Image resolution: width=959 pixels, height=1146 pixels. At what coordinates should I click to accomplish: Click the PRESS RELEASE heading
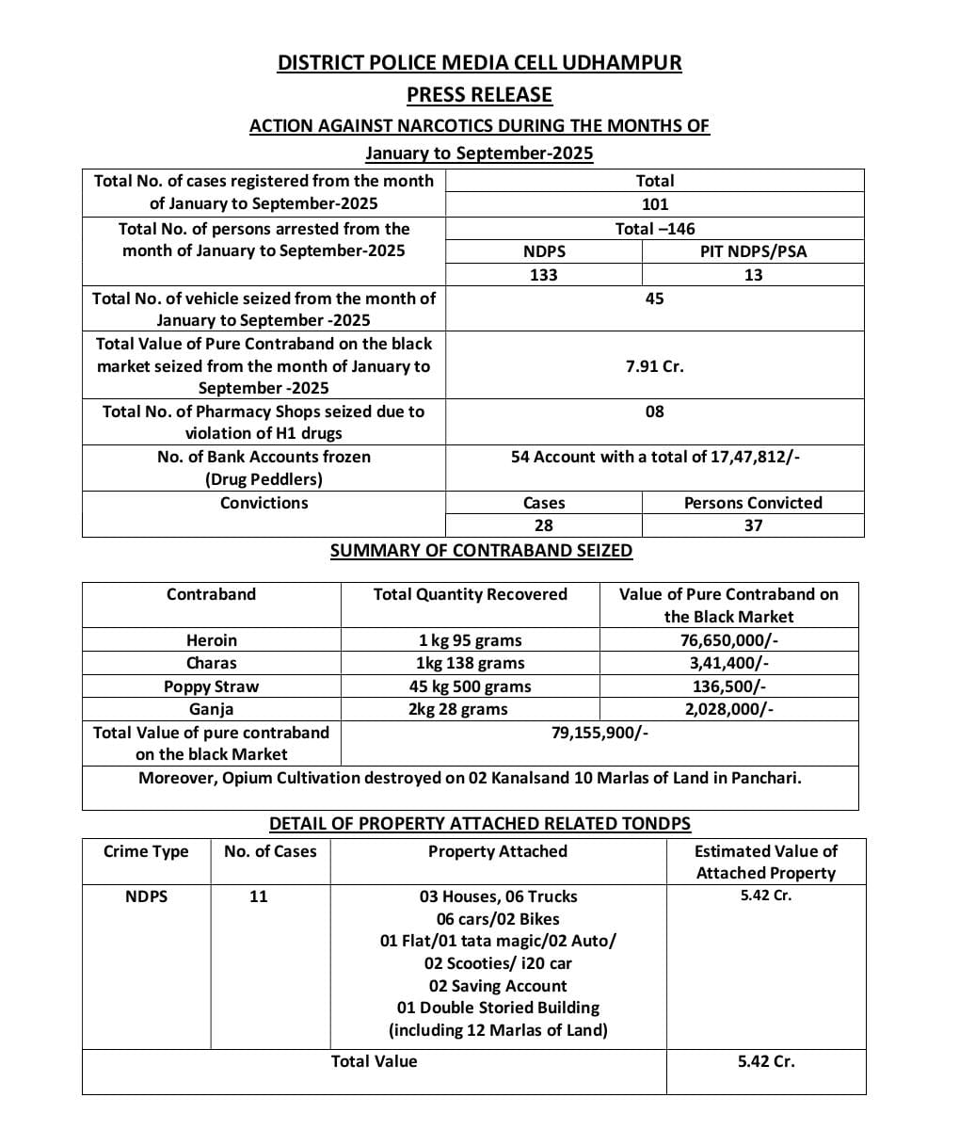click(479, 94)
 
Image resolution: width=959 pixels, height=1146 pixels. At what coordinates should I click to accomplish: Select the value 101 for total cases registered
click(654, 203)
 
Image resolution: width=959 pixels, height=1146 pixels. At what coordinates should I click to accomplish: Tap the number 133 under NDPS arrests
click(543, 275)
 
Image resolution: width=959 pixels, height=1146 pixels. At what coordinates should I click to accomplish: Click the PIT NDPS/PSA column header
click(753, 251)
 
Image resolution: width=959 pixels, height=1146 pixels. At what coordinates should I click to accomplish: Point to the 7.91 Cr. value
click(654, 366)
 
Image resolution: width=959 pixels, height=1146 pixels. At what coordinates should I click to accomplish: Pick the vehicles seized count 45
click(654, 299)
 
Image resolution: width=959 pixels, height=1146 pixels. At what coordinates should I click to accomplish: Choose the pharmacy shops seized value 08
click(654, 412)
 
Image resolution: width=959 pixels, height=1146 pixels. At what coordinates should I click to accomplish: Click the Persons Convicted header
click(753, 503)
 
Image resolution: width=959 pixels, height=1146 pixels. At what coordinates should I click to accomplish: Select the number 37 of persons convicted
click(753, 525)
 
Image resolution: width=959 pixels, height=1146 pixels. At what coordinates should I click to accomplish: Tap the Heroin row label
click(211, 640)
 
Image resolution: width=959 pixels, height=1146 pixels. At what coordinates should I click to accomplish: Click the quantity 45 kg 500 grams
click(470, 686)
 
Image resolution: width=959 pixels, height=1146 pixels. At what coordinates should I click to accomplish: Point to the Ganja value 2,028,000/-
click(728, 709)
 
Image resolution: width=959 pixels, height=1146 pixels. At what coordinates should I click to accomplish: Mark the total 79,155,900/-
click(599, 733)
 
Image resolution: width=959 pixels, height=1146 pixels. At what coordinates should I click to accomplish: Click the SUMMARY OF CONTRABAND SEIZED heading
click(481, 551)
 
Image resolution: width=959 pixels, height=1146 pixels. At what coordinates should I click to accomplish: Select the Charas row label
click(211, 663)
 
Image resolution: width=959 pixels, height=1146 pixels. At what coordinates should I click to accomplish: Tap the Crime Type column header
click(146, 851)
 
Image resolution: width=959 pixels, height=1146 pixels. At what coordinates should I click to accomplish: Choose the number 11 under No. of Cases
click(259, 896)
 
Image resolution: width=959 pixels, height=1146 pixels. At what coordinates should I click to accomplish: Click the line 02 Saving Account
click(498, 986)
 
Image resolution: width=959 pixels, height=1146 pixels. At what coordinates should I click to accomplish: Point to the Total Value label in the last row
click(374, 1061)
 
